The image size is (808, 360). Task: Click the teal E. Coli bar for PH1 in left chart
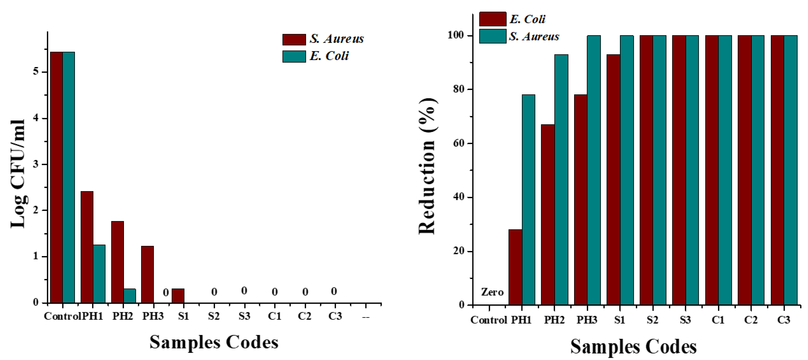(x=99, y=274)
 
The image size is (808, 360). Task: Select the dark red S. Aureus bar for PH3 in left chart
(x=147, y=274)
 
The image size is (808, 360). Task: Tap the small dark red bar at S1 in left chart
(x=178, y=295)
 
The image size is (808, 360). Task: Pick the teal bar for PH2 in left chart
(x=130, y=295)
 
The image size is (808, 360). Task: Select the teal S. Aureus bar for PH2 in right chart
(x=561, y=179)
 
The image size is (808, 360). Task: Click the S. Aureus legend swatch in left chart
(x=294, y=39)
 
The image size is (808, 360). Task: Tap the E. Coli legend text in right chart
(x=527, y=19)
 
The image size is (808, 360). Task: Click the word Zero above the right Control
(x=492, y=292)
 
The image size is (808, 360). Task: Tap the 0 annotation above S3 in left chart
(x=244, y=291)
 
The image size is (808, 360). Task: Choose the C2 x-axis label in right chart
(x=751, y=320)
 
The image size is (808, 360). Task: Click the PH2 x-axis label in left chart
(x=123, y=316)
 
